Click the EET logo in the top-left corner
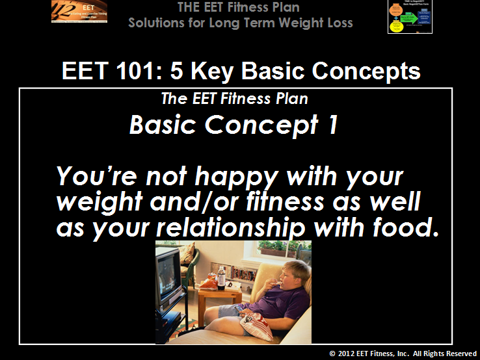pyautogui.click(x=79, y=12)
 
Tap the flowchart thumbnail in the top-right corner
pyautogui.click(x=410, y=17)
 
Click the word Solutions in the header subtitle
pyautogui.click(x=156, y=23)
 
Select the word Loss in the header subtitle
pyautogui.click(x=338, y=23)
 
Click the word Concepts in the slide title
pyautogui.click(x=364, y=71)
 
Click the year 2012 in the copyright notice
pyautogui.click(x=345, y=354)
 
